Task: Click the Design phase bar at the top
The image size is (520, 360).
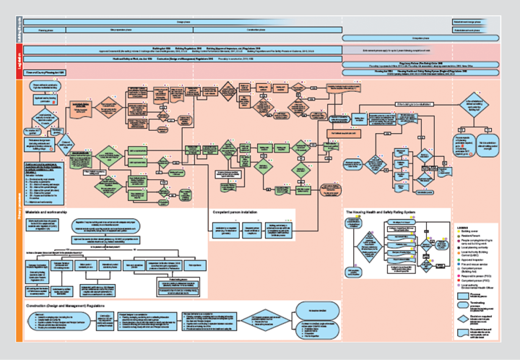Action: click(x=184, y=22)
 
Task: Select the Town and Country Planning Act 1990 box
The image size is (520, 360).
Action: click(x=47, y=72)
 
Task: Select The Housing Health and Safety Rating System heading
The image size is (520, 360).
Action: click(x=381, y=212)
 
